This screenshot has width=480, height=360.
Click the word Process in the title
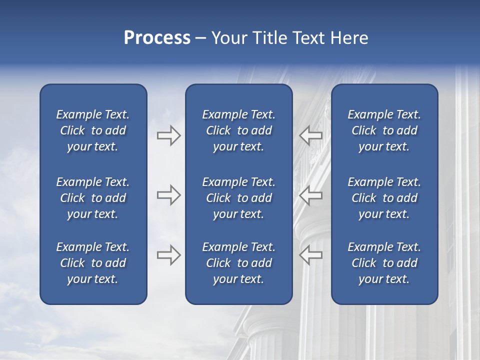[x=157, y=38]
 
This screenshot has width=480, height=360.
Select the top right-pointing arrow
[x=168, y=135]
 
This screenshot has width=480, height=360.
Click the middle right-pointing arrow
[x=168, y=195]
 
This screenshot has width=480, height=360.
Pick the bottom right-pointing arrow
[x=168, y=255]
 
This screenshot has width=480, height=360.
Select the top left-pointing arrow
[x=310, y=135]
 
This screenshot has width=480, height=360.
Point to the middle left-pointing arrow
[x=310, y=195]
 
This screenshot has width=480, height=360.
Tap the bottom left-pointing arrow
[x=310, y=255]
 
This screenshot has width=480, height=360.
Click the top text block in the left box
[x=93, y=130]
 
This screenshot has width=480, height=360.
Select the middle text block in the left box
[x=93, y=198]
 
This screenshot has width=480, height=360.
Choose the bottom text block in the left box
[x=93, y=263]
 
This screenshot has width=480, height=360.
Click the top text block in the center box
[x=239, y=130]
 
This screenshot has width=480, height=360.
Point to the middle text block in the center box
[x=239, y=198]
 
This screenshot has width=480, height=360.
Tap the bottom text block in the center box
[x=239, y=263]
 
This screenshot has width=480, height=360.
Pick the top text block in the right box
[x=384, y=130]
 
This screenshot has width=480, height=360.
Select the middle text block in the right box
[x=384, y=198]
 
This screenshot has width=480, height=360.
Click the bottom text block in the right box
[x=384, y=263]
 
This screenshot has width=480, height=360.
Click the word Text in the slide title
[x=308, y=38]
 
